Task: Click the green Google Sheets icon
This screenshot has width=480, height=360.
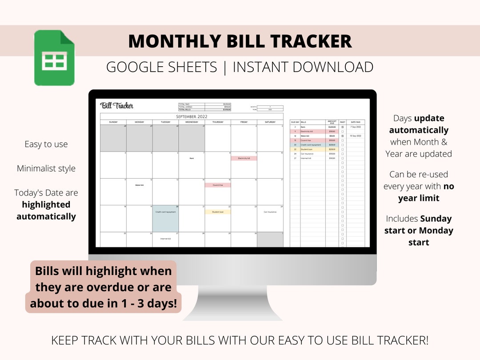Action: pos(54,58)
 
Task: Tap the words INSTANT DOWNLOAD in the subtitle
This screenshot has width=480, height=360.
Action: pos(303,67)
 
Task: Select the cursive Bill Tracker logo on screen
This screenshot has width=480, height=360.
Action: pos(117,106)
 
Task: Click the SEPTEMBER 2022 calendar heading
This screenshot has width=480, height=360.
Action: pos(192,116)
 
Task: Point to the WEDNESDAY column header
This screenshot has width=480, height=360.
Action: pos(192,122)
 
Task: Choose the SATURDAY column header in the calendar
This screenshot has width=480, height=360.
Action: pos(270,122)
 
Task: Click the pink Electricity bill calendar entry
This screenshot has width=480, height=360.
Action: pos(244,158)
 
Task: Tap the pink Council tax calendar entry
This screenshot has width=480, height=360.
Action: pos(217,185)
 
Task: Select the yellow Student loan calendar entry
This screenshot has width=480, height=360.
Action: pos(217,212)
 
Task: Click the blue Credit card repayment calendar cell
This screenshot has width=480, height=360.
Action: pos(165,218)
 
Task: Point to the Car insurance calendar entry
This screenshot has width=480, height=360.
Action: pos(270,212)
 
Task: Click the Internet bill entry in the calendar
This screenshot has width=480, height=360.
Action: pos(165,239)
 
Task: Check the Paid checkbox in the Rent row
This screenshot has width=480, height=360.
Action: pos(342,127)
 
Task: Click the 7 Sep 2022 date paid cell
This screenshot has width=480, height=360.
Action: pos(356,127)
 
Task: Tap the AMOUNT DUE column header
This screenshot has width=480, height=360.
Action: pos(332,122)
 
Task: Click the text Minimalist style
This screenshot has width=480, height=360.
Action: pos(46,168)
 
